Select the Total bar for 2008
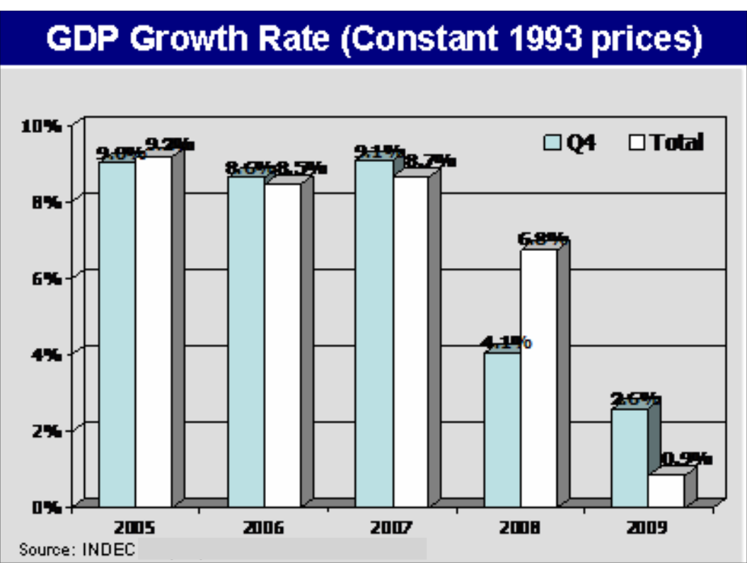coord(539,378)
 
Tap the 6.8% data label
coord(543,239)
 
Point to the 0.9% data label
coord(685,459)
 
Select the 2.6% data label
coord(635,399)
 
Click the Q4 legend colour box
coord(552,143)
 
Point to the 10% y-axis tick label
coord(42,126)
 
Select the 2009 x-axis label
coord(647,528)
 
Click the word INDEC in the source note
coord(108,549)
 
